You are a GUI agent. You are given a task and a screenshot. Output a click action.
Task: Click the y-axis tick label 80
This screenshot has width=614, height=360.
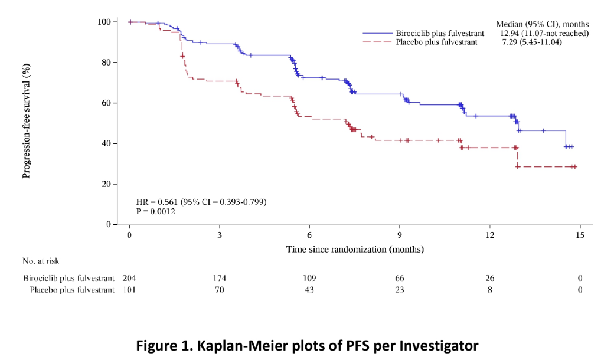pos(105,63)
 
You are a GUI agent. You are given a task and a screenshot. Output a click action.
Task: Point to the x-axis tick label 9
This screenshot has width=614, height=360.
pos(400,235)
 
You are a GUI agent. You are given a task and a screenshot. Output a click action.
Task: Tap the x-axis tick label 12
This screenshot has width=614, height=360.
pos(489,235)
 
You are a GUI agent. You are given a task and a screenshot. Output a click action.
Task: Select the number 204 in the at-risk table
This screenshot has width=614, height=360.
pos(129,278)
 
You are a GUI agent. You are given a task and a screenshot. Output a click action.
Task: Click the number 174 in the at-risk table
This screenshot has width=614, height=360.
pos(220,278)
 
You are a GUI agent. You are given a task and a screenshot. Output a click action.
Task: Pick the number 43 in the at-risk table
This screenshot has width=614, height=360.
pos(309,290)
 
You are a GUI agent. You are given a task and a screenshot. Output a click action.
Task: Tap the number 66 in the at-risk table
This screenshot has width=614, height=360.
pos(400,278)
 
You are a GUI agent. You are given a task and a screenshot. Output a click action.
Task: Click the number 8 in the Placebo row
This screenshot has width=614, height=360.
pos(490,290)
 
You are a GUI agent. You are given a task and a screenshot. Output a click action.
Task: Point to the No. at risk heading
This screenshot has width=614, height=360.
pos(41,260)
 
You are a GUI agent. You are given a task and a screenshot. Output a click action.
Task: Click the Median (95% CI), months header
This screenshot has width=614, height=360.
pos(542,24)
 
